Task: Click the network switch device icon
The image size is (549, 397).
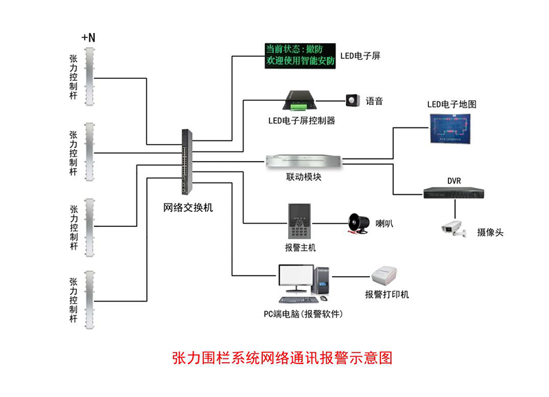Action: coord(187,162)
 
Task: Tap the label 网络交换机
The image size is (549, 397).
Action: coord(187,207)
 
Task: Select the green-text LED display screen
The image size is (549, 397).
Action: coord(300,56)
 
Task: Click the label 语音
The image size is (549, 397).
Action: coord(374,101)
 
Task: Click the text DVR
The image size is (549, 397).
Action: coord(454,181)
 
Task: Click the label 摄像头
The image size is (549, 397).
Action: coord(490,232)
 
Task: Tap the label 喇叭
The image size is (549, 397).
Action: coord(384,223)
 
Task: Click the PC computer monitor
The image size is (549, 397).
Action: coord(296,280)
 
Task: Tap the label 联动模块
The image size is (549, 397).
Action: coord(303,178)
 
